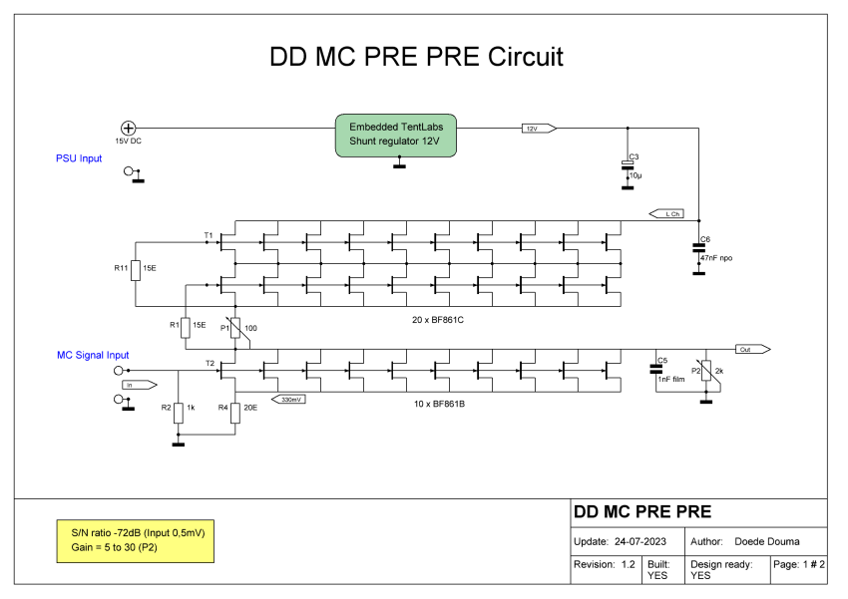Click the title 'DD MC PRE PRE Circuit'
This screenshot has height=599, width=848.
pos(416,57)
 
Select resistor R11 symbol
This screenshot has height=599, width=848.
pos(135,269)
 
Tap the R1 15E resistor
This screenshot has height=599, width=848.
pos(185,327)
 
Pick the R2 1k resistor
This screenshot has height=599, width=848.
pos(178,410)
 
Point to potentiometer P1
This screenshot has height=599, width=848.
pos(235,328)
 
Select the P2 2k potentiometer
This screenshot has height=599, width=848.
pos(705,372)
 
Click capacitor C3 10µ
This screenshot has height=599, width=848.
pos(628,166)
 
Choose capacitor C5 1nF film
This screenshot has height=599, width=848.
pos(656,369)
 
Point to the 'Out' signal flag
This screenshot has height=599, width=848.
pos(753,350)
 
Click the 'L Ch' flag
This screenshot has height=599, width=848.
pos(665,213)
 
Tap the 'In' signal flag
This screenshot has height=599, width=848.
pos(139,384)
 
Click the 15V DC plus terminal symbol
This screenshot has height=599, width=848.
pos(129,128)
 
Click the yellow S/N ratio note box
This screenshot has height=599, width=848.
pos(136,540)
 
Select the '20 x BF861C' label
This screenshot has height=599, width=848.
pos(440,321)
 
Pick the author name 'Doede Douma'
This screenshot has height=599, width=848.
pos(767,541)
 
